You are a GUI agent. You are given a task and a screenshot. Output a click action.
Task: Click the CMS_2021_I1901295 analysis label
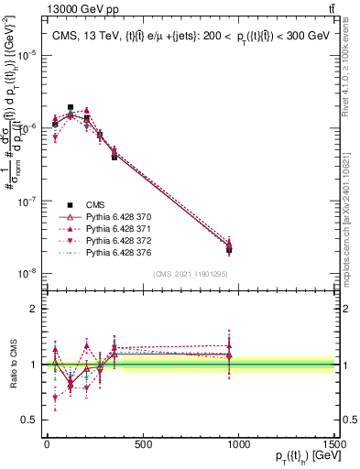pyautogui.click(x=191, y=274)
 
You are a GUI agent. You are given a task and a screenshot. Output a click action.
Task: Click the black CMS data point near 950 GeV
pyautogui.click(x=229, y=249)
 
